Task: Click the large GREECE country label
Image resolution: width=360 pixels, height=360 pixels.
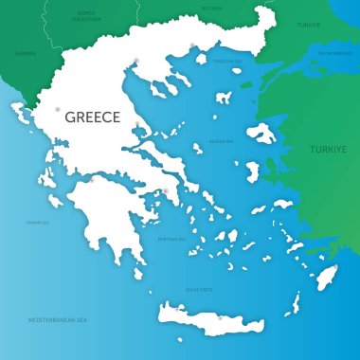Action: [x=92, y=117]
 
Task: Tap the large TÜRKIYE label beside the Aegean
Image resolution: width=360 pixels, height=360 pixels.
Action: [x=329, y=150]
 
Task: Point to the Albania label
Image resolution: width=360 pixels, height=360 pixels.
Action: [x=25, y=53]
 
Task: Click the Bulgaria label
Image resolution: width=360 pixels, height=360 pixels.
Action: [x=211, y=8]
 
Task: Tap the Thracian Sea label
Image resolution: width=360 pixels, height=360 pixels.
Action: [x=226, y=62]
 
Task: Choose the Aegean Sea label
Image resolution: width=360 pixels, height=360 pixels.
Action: [x=221, y=141]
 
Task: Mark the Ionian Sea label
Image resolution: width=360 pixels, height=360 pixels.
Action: [x=37, y=224]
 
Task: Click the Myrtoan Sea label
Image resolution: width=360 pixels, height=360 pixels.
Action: [x=171, y=239]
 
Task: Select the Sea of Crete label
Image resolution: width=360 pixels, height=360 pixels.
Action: [x=199, y=288]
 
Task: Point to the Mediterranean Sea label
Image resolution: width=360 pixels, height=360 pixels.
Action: [x=59, y=320]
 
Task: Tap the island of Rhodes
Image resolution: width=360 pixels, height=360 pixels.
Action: [x=326, y=278]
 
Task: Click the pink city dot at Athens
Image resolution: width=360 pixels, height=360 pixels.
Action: [x=165, y=192]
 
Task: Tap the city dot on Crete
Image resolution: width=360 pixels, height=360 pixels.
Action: [x=220, y=316]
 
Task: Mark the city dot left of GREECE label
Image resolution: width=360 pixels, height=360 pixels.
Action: [x=58, y=109]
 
